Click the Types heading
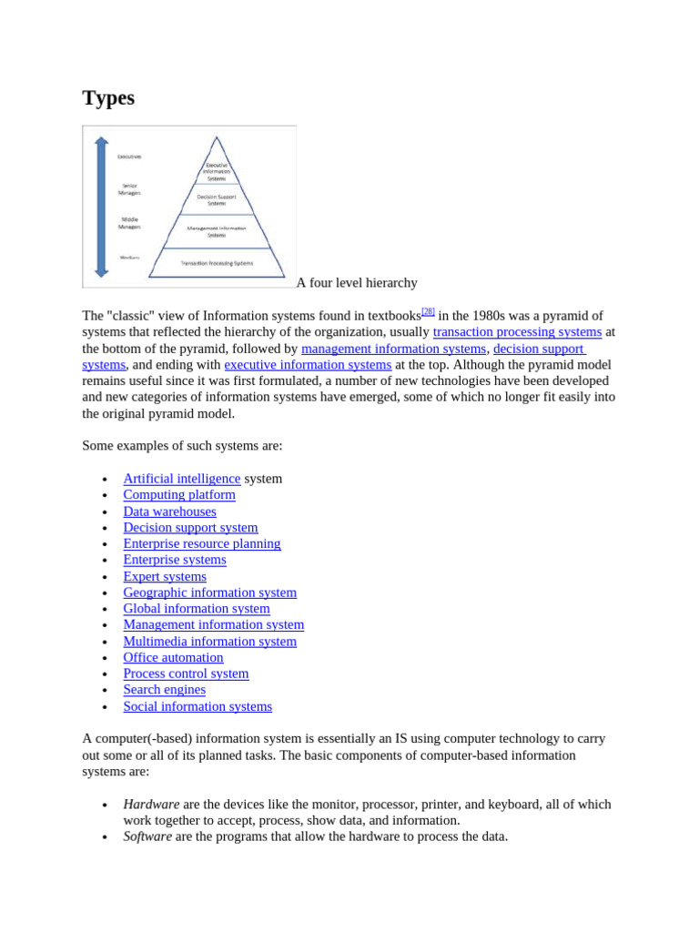tap(108, 98)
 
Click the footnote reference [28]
tap(428, 312)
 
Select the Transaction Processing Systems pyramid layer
tap(217, 263)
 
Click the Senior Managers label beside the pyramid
tap(129, 189)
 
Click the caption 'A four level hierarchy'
tap(357, 283)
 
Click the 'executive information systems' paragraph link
tap(308, 365)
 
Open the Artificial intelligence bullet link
tap(182, 479)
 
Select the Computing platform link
tap(179, 495)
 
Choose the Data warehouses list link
tap(170, 512)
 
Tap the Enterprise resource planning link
tap(202, 543)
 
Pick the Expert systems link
tap(165, 576)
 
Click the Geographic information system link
tap(210, 593)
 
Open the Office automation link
tap(173, 657)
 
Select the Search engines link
tap(165, 690)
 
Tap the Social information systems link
tap(198, 706)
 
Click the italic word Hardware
tap(151, 805)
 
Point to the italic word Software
tap(147, 836)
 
